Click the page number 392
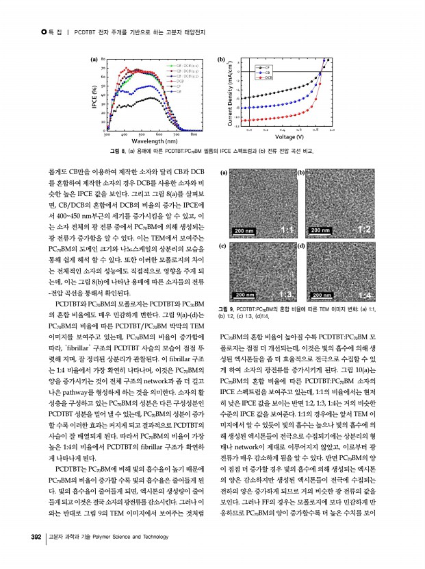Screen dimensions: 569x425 pyautogui.click(x=32, y=536)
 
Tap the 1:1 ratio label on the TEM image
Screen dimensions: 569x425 pyautogui.click(x=287, y=228)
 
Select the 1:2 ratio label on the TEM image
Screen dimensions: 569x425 pyautogui.click(x=363, y=228)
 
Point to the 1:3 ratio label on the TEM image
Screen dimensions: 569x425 pyautogui.click(x=287, y=294)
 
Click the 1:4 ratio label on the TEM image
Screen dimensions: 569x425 pyautogui.click(x=363, y=294)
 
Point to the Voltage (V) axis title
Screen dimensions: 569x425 pyautogui.click(x=290, y=136)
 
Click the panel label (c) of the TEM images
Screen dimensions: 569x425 pyautogui.click(x=224, y=245)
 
